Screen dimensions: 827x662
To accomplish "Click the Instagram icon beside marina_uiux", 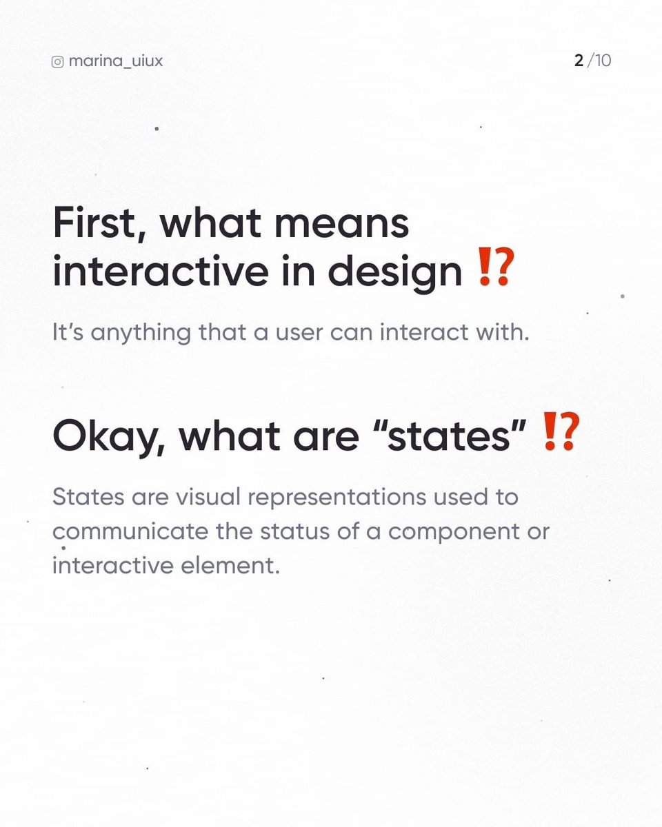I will click(58, 61).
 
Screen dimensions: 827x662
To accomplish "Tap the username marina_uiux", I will click(116, 61).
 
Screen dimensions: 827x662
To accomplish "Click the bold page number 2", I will click(579, 61).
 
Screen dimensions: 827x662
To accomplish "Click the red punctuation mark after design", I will click(495, 271).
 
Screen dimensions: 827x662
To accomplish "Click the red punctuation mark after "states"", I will click(558, 433).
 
